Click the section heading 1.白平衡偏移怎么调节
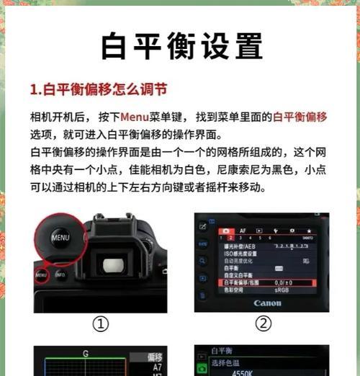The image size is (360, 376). point(99,90)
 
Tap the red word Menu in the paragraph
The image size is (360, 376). point(134,117)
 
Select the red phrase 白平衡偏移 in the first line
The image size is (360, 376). point(300,117)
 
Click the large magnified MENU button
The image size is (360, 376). point(60,237)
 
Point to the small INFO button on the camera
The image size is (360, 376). point(60,274)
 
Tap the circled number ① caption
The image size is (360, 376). point(100,324)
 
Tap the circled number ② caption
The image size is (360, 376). point(263,324)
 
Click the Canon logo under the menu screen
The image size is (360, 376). point(267,303)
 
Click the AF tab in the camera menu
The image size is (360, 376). point(243,232)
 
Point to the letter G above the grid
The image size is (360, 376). point(86,354)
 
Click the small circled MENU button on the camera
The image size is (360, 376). point(41,275)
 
